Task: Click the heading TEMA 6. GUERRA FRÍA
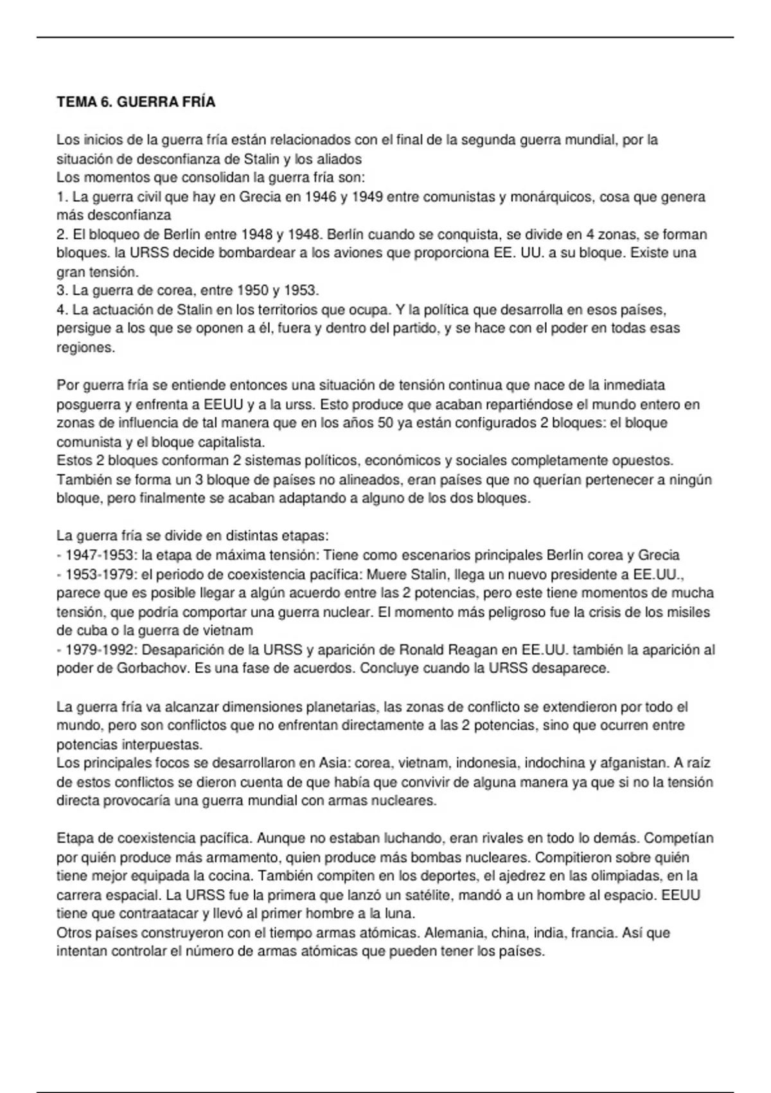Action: [x=136, y=102]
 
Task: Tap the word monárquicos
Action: [x=551, y=197]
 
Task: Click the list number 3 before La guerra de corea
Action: [x=62, y=291]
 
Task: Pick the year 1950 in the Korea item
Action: [x=252, y=291]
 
